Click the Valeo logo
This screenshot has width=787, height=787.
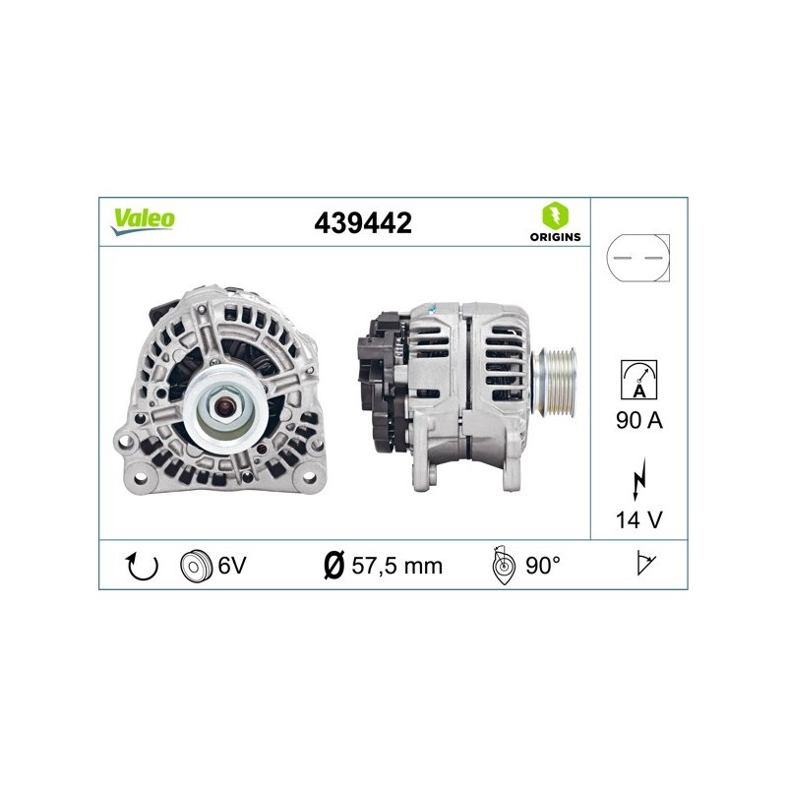(143, 220)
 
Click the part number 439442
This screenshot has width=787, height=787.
(363, 223)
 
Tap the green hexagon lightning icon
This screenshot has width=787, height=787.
(555, 215)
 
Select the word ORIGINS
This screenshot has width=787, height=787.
(555, 237)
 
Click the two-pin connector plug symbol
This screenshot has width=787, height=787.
(637, 258)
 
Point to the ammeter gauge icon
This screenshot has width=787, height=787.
(638, 380)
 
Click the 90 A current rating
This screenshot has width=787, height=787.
(638, 420)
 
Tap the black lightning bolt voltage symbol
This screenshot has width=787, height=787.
(638, 478)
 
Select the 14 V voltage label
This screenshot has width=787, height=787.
(638, 520)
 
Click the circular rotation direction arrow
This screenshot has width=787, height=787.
(141, 566)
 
